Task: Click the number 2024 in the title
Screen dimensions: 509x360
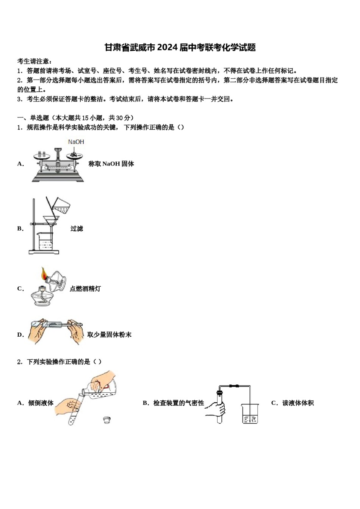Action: click(167, 47)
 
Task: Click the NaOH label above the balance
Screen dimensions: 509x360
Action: click(76, 142)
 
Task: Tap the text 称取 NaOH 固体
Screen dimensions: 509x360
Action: click(111, 164)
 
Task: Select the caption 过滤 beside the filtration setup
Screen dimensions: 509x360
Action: click(77, 228)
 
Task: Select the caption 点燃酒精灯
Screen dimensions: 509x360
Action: click(85, 289)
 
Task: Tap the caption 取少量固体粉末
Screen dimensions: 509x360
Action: click(109, 334)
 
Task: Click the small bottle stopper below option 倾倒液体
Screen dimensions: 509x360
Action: click(107, 419)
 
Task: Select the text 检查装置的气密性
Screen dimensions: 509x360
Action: click(178, 403)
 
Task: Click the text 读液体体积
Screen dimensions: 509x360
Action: click(298, 403)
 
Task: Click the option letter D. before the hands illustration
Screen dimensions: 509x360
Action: click(20, 334)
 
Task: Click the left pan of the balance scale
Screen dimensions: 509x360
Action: click(41, 156)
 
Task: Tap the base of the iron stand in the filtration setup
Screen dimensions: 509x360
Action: click(44, 252)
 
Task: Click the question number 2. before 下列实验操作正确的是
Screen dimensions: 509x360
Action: click(20, 362)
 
